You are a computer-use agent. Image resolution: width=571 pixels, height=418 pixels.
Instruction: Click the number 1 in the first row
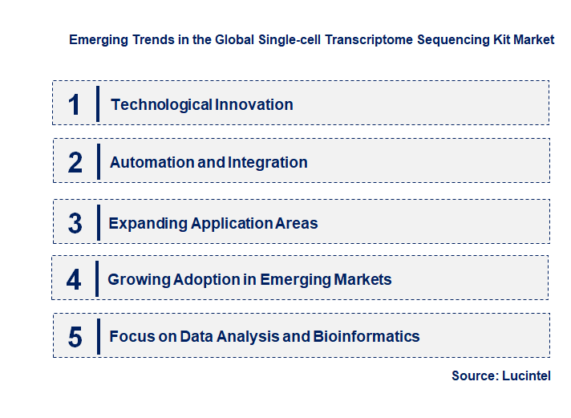coord(75,105)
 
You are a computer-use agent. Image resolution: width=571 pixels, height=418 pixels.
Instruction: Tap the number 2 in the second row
coord(75,163)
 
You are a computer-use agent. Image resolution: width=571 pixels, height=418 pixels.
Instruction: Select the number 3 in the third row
coord(75,223)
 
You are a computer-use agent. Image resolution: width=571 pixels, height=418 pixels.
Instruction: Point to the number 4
coord(75,280)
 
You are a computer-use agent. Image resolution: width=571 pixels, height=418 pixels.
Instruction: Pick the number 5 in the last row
coord(75,337)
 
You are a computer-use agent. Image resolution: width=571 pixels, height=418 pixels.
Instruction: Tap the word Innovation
coord(253,104)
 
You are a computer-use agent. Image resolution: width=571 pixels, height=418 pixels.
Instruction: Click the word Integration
coord(268,162)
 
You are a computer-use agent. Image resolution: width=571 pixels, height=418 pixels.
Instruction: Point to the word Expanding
coord(148,223)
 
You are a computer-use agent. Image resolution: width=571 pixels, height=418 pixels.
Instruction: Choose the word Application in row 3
coord(232,223)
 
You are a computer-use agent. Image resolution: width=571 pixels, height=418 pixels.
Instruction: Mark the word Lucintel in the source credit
coord(527,375)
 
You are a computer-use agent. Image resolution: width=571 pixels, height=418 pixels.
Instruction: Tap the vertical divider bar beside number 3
coord(98,222)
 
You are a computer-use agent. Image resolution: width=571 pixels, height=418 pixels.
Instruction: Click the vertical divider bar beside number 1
coord(98,104)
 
